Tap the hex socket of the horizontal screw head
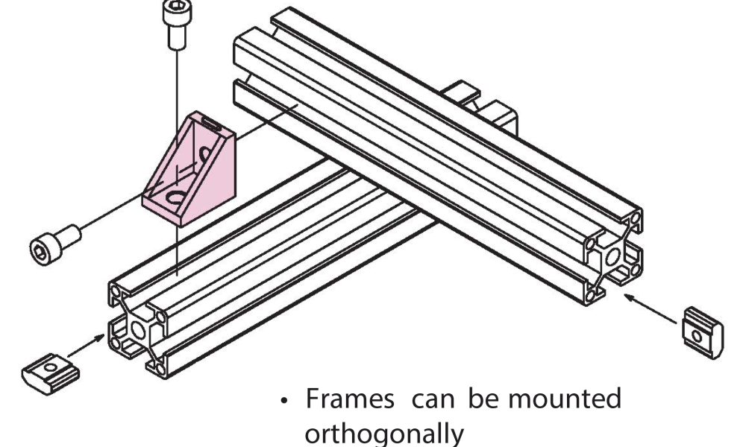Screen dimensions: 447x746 40,247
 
